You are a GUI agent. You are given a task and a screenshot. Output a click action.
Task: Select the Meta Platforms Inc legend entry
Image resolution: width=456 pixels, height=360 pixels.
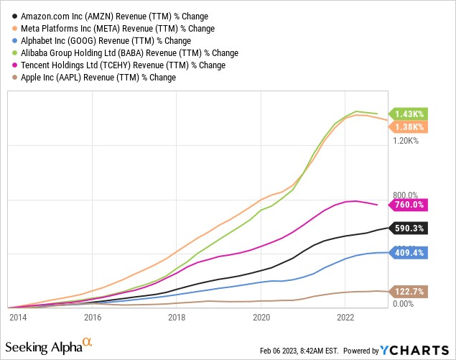click(108, 27)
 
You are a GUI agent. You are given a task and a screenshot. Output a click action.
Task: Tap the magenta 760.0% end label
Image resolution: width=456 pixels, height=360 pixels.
click(410, 205)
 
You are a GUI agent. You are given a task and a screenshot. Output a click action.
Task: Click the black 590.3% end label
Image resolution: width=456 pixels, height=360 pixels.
click(410, 228)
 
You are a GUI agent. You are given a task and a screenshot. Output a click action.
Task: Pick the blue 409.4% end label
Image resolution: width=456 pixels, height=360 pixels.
click(410, 252)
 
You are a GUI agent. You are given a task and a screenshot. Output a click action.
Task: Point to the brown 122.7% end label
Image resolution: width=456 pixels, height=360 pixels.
click(410, 292)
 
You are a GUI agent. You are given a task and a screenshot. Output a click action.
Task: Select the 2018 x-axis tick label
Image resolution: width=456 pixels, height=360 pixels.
click(177, 316)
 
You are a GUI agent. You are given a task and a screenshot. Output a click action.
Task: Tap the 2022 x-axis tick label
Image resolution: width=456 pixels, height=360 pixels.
click(346, 316)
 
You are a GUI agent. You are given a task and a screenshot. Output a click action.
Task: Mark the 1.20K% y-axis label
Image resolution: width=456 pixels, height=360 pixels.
click(407, 141)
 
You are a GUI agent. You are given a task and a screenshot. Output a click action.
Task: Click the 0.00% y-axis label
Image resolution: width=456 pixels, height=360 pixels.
click(405, 305)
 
